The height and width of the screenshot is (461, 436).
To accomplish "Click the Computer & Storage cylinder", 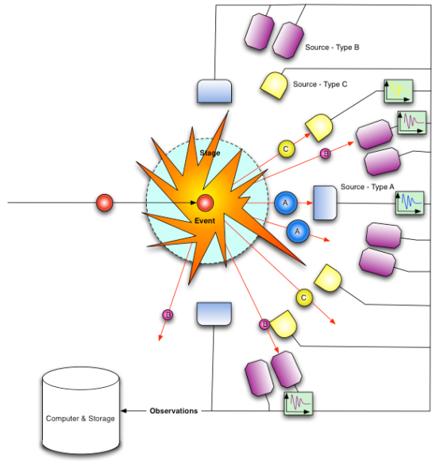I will [x=80, y=411].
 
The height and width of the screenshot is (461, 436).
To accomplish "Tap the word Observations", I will [x=173, y=411].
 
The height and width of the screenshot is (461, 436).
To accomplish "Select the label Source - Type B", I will [x=332, y=48].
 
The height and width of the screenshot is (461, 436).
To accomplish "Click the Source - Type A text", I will [x=368, y=187].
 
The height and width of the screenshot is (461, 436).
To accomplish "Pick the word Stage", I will [x=210, y=152].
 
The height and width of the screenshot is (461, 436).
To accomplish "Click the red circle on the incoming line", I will [x=104, y=203].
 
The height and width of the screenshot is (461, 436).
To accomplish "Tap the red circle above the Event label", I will [x=205, y=203].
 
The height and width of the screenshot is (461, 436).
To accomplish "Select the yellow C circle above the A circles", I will [x=286, y=148].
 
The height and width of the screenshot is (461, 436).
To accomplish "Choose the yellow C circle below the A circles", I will [x=303, y=297].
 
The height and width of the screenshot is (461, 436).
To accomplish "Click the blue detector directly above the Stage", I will [x=213, y=91].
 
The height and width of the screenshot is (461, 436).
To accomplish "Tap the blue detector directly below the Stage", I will [x=213, y=313].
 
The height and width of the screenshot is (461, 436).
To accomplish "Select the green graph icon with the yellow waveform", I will [x=397, y=91].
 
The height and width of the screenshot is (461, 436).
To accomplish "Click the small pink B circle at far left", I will [x=168, y=316].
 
